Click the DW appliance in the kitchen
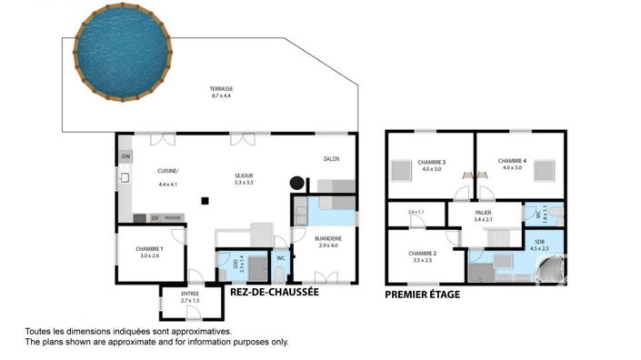tap(125, 157)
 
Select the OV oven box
tap(155, 218)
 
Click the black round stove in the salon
tap(295, 182)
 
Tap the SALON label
tap(331, 160)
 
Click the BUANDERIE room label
tap(328, 238)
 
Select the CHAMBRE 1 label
tap(148, 248)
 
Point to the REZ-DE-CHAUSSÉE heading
tap(275, 294)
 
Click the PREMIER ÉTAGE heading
tap(422, 295)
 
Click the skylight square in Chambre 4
tap(544, 170)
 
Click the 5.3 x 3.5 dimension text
tap(244, 184)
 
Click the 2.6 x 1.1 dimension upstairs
tap(416, 212)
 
